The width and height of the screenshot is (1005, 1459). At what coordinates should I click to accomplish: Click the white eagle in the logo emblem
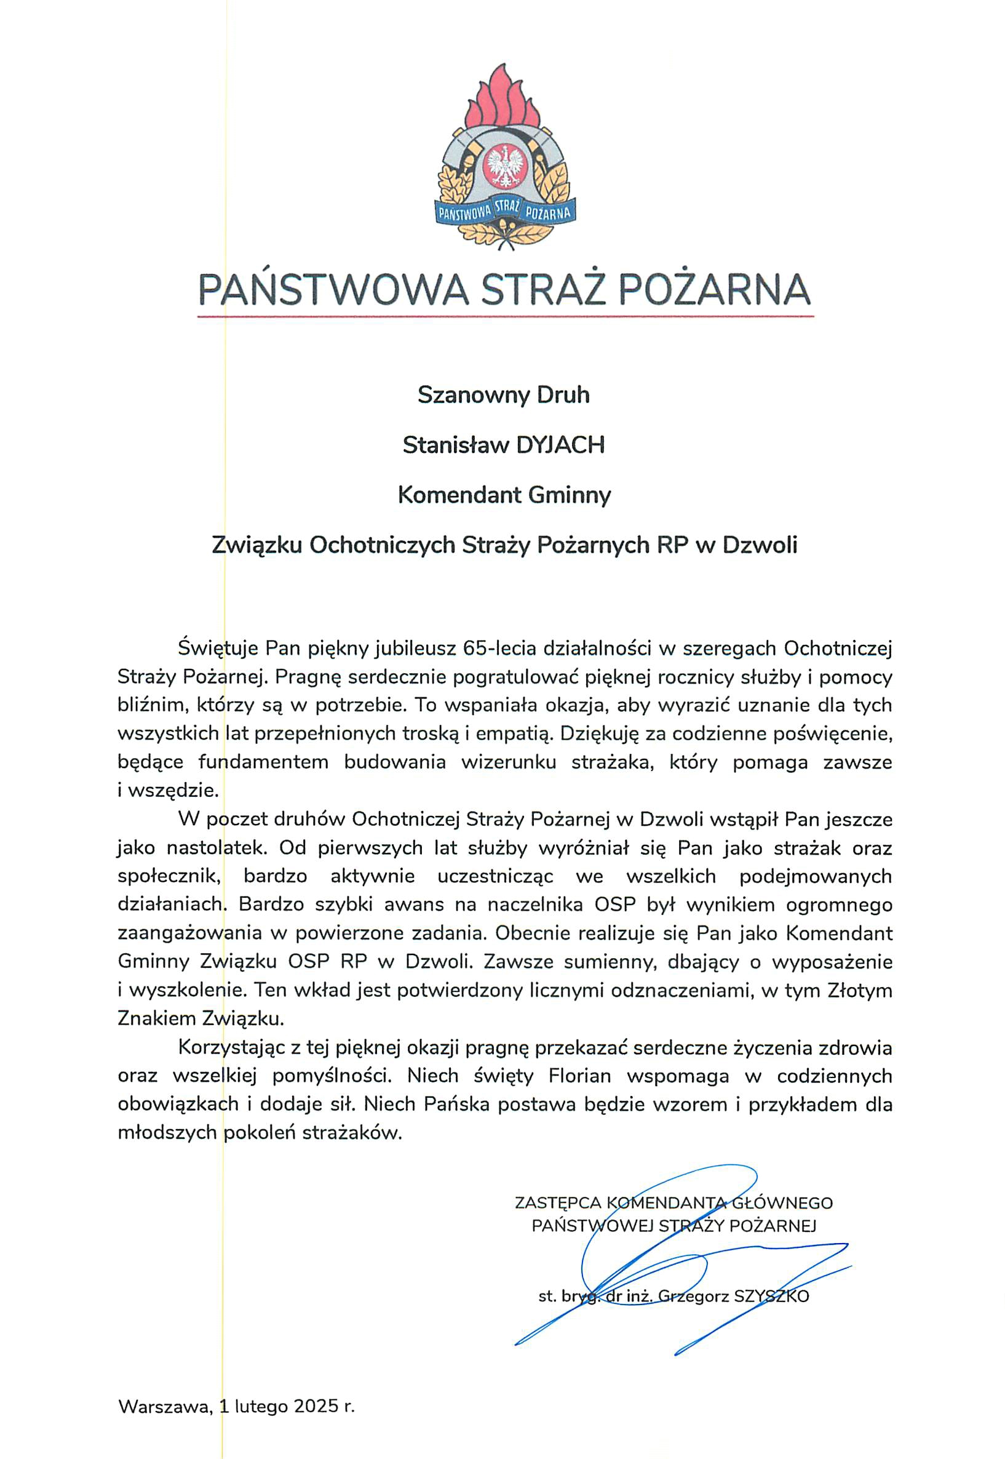503,167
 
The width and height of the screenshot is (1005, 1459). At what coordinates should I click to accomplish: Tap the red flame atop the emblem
503,101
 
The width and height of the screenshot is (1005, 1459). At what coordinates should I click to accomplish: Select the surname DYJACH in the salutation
560,446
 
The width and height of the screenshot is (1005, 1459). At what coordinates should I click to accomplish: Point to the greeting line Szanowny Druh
504,395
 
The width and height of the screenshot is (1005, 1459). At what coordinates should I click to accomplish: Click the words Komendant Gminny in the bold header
504,495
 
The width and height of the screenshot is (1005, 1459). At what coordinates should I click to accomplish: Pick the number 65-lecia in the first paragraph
498,647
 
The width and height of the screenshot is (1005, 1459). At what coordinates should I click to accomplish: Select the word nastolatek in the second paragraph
217,848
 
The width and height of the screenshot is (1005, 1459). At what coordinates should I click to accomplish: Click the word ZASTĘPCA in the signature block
557,1203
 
